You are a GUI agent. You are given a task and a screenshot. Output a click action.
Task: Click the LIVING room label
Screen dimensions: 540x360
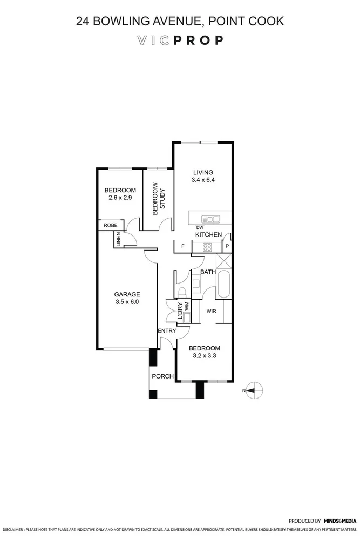(x=203, y=172)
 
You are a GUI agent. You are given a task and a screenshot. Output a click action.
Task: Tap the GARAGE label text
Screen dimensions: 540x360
(x=127, y=294)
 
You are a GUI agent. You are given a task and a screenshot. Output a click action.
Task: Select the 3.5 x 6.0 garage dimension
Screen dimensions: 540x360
(x=127, y=302)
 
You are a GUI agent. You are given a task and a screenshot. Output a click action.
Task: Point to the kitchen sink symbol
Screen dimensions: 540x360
(x=210, y=219)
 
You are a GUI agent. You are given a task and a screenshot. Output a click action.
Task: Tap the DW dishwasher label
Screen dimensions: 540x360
(x=199, y=227)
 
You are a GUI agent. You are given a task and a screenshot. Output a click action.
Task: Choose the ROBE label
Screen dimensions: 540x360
(x=111, y=225)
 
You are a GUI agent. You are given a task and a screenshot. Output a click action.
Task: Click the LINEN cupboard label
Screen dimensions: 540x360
(x=118, y=239)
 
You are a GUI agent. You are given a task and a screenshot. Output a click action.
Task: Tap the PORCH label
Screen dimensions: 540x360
(x=162, y=376)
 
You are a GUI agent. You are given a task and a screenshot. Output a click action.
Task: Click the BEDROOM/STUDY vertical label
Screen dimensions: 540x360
(x=157, y=200)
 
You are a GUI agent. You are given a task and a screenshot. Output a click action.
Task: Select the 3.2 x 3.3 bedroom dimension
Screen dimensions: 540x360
(x=204, y=355)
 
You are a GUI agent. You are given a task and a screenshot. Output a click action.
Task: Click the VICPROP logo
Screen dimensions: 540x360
(x=180, y=40)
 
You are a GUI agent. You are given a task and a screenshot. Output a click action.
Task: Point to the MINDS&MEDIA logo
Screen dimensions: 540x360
(x=339, y=521)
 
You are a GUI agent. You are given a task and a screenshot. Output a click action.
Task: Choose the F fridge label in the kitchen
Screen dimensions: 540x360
(x=183, y=247)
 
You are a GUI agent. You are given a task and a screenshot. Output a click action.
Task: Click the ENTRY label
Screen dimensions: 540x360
(x=167, y=330)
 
